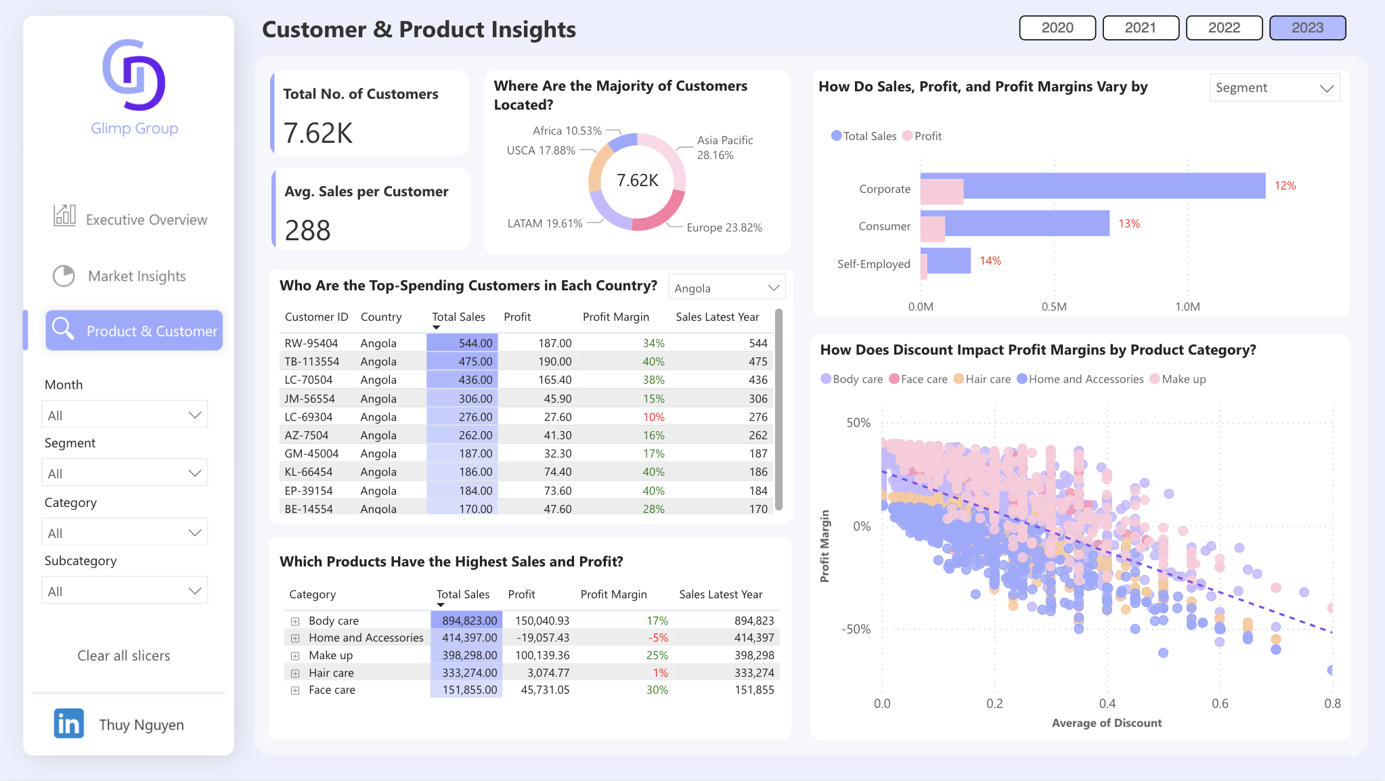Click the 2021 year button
(x=1141, y=28)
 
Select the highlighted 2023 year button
(x=1307, y=28)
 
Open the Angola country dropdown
(x=726, y=288)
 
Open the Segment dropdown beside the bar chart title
(x=1274, y=88)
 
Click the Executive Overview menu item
(x=146, y=219)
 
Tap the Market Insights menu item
(x=137, y=276)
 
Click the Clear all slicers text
(x=124, y=655)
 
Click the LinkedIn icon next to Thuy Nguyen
(x=69, y=723)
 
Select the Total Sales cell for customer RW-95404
(x=463, y=343)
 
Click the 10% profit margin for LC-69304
(x=653, y=417)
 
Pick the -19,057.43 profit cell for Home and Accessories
(x=542, y=638)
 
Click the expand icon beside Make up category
(x=295, y=655)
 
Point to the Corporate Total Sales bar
(x=1110, y=185)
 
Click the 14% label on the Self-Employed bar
(x=990, y=261)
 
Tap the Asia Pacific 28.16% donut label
(x=724, y=148)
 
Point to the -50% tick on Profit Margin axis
(x=856, y=629)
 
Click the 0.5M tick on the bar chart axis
(x=1054, y=307)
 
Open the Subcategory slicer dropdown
(x=125, y=591)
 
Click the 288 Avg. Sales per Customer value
(x=308, y=230)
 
